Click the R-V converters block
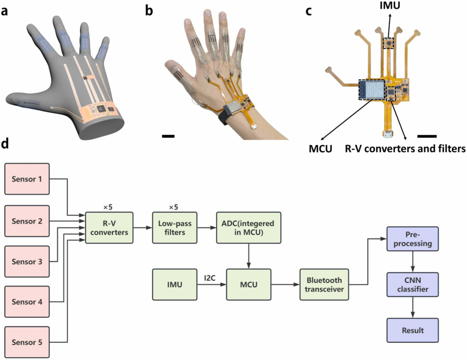(x=109, y=227)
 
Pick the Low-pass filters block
(x=174, y=227)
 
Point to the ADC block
(x=249, y=227)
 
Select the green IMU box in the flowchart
(x=175, y=284)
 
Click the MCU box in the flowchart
(x=249, y=284)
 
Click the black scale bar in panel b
(x=168, y=137)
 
